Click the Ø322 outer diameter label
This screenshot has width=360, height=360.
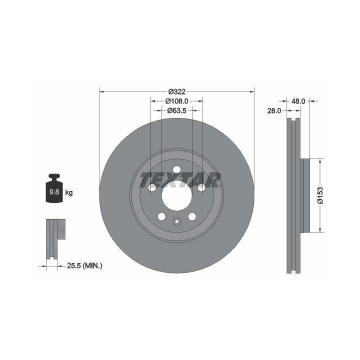coord(177,92)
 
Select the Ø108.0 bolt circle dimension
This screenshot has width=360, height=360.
coord(177,101)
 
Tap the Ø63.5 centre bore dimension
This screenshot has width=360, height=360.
coord(177,110)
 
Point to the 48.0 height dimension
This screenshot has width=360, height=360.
coord(298,101)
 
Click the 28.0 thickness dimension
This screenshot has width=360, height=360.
coord(274,111)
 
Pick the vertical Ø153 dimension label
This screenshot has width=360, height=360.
coord(320,195)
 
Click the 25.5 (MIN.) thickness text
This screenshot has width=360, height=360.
coord(84,266)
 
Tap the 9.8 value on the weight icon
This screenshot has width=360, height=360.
coord(54,192)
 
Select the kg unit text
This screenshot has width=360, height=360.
coord(69,192)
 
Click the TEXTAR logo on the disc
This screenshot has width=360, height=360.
coord(180,180)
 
